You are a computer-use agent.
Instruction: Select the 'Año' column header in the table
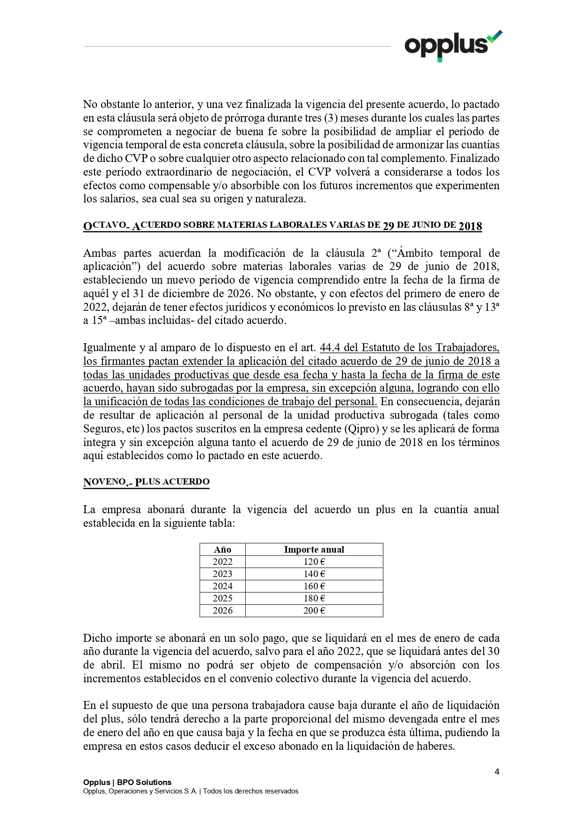(222, 549)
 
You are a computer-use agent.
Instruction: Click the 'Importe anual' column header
(314, 549)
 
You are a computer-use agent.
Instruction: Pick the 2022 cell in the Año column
(222, 562)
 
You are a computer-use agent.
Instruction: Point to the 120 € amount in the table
(314, 562)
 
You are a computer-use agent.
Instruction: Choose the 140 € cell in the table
(314, 574)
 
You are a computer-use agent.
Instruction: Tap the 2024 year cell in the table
(222, 586)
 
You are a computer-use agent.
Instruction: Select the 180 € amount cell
(314, 598)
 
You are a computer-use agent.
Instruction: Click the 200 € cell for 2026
(314, 610)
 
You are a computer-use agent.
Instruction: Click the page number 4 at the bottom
(497, 771)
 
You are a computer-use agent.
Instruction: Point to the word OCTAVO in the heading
(105, 225)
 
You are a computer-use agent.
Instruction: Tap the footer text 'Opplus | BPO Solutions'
(127, 782)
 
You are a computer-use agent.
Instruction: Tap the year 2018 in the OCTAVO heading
(470, 226)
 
